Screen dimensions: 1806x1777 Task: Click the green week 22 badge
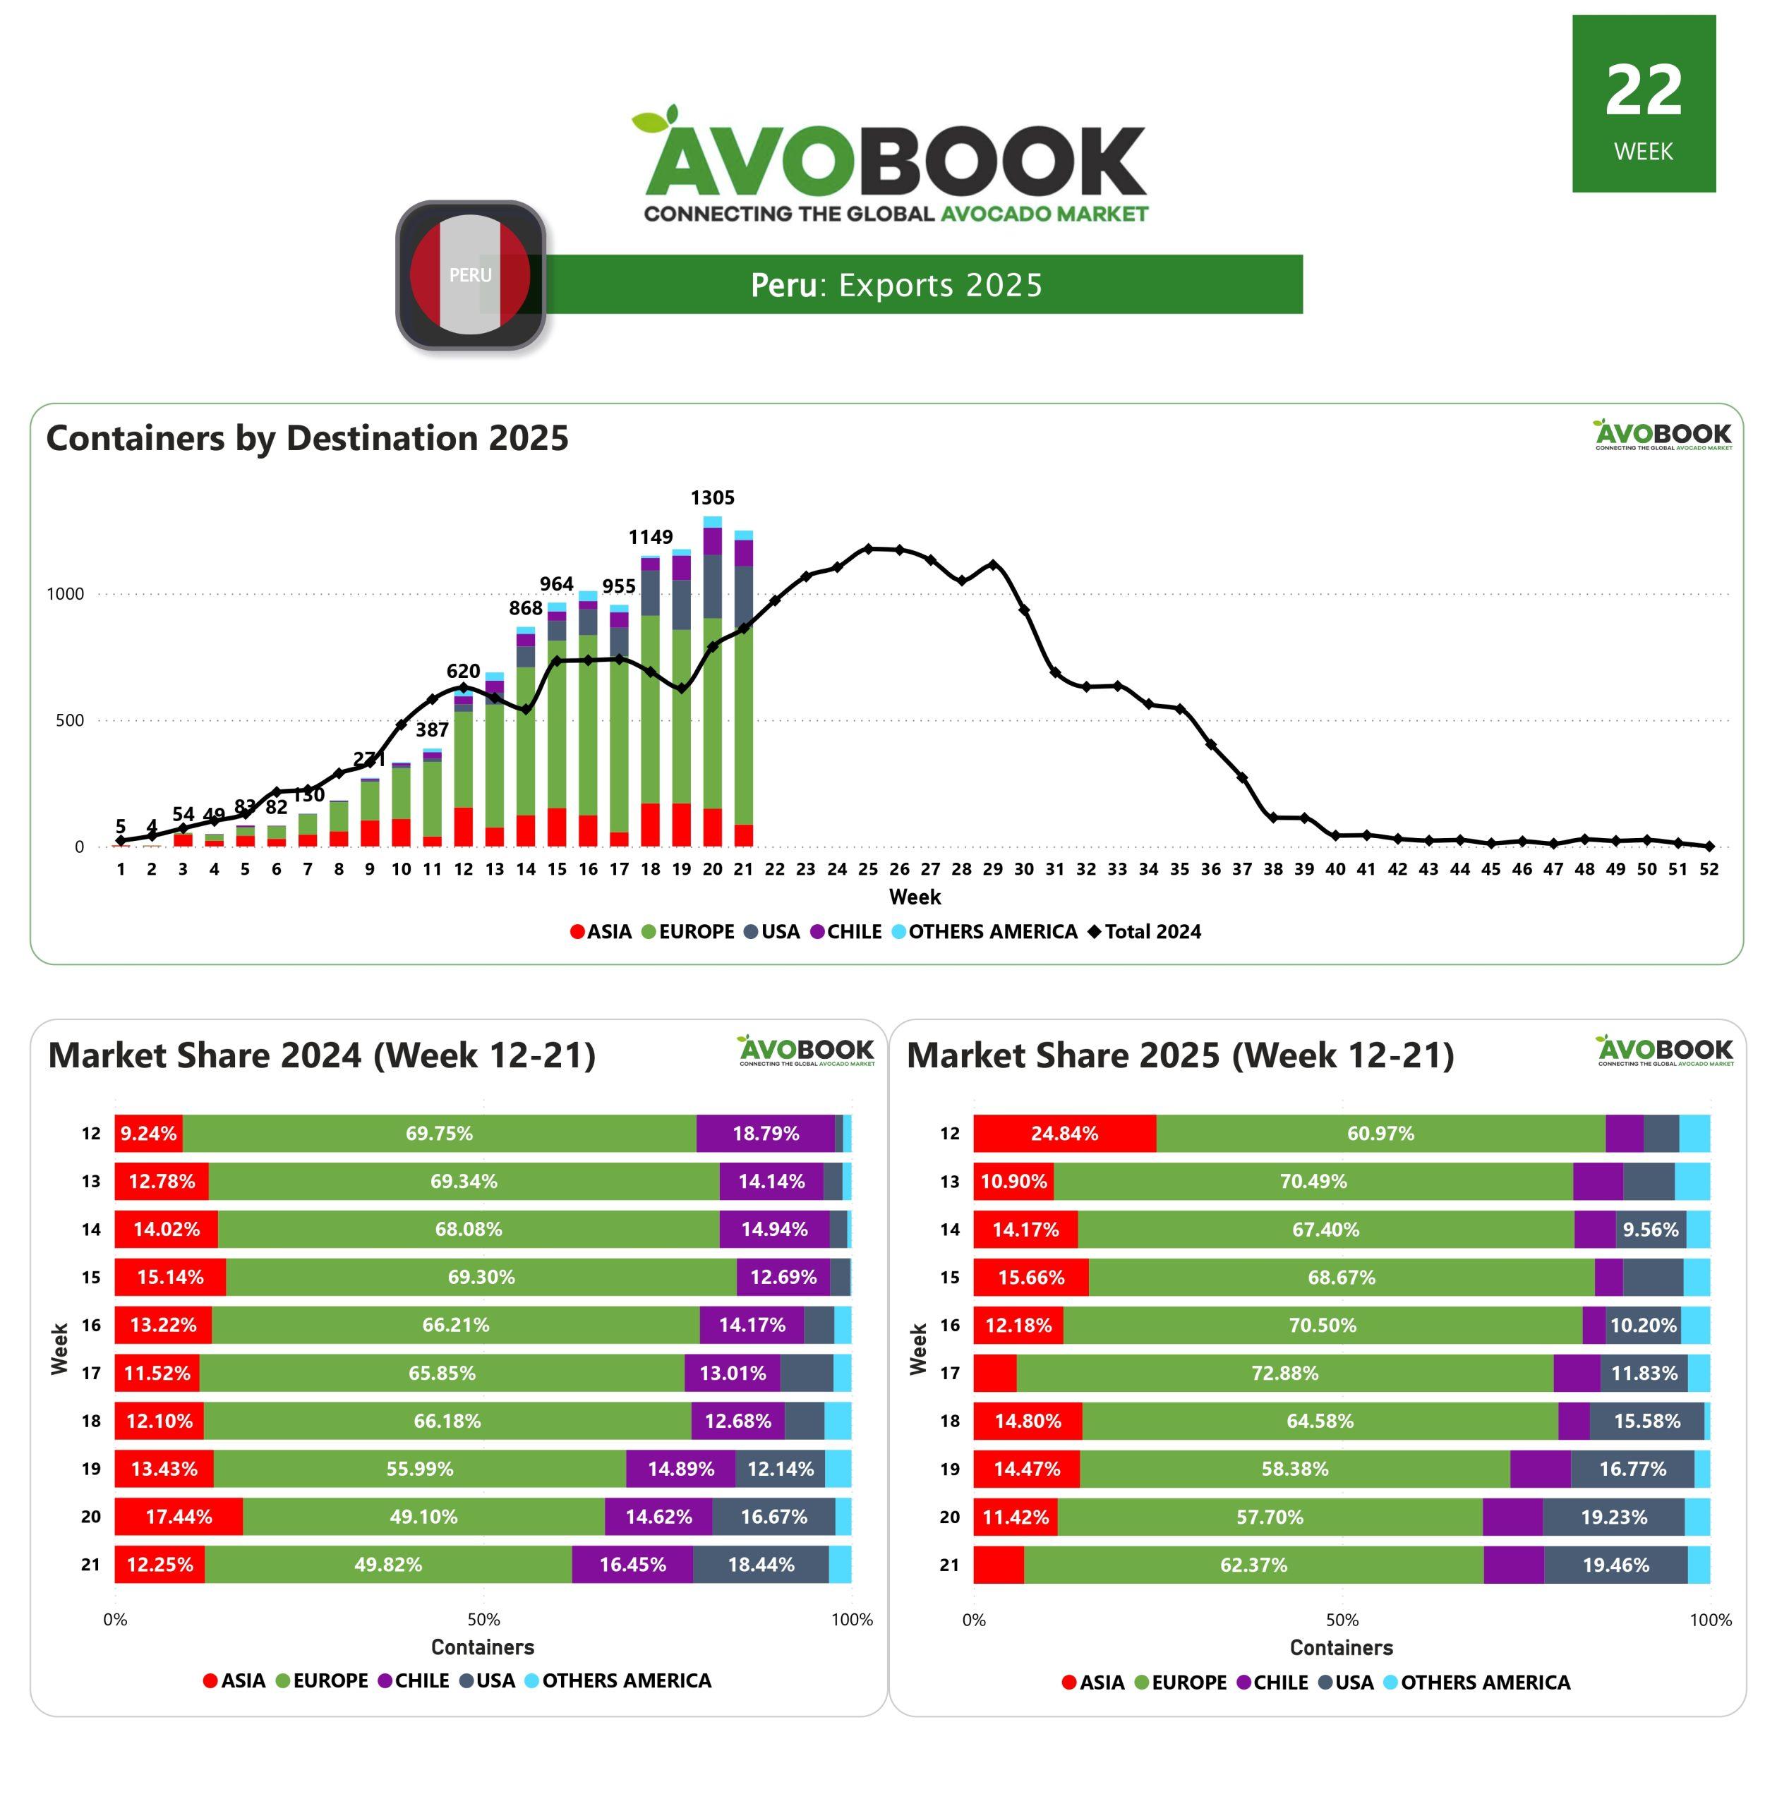coord(1643,104)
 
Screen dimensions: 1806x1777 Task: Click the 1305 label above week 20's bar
coord(712,498)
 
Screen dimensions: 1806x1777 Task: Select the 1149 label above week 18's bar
coord(651,538)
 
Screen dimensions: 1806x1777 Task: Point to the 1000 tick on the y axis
coord(66,594)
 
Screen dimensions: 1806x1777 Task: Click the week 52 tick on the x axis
coord(1708,869)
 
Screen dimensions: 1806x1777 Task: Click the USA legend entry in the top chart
coord(772,932)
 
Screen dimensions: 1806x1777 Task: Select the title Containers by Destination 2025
coord(307,438)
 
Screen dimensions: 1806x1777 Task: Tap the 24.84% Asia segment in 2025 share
coord(1064,1134)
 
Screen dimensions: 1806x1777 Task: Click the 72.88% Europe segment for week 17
coord(1284,1373)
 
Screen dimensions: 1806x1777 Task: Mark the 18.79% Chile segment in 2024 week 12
coord(765,1134)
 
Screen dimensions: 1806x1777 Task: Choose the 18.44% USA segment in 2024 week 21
coord(761,1565)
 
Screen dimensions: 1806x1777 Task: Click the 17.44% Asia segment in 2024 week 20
coord(179,1517)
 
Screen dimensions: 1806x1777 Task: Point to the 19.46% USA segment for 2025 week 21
coord(1615,1565)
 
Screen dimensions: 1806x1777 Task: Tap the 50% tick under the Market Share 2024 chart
coord(483,1620)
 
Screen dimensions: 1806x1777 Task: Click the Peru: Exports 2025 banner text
coord(896,284)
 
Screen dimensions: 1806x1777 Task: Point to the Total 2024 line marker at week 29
coord(992,565)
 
